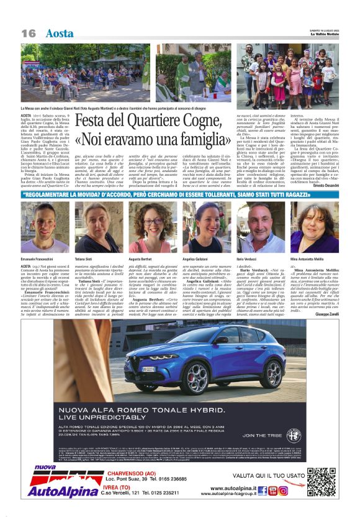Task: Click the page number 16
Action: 27,32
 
